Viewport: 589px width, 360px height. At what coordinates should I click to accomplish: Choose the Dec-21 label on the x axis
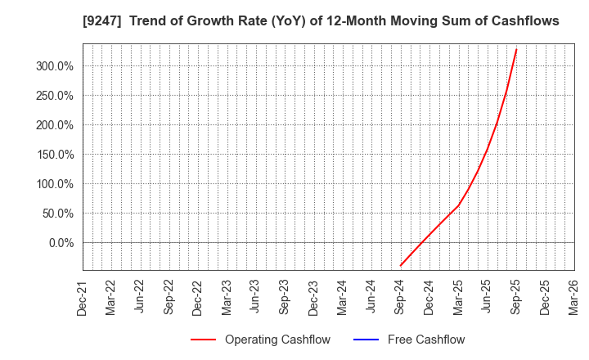point(83,298)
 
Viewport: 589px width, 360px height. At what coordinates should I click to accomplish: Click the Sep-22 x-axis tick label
point(169,298)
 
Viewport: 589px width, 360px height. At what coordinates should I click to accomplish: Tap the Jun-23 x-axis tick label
point(255,298)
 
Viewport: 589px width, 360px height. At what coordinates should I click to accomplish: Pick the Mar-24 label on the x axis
point(342,298)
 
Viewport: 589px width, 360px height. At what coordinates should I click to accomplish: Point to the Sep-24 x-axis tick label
point(400,298)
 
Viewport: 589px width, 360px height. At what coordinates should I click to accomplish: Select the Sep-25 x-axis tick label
point(515,298)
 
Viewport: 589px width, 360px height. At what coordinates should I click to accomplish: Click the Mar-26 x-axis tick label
point(573,298)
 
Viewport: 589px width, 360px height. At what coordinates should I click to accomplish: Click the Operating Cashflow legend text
point(277,340)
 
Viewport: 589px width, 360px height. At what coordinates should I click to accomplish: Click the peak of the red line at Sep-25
point(516,49)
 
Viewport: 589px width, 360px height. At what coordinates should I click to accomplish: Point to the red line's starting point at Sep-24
point(400,266)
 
